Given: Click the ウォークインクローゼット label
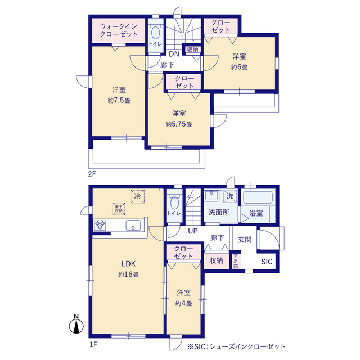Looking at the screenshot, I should pyautogui.click(x=119, y=30).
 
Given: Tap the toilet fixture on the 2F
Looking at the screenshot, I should pyautogui.click(x=156, y=31).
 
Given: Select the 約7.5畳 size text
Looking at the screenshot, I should pyautogui.click(x=119, y=101).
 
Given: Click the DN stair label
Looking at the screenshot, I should pyautogui.click(x=174, y=54).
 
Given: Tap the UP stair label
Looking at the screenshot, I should pyautogui.click(x=193, y=231).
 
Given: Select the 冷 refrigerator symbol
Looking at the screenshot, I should pyautogui.click(x=137, y=196).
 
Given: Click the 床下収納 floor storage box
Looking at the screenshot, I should pyautogui.click(x=119, y=208).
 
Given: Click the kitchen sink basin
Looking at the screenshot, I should pyautogui.click(x=134, y=226).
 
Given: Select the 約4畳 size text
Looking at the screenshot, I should pyautogui.click(x=184, y=303).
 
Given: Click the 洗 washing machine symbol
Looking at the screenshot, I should pyautogui.click(x=229, y=196).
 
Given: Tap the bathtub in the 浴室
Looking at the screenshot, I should pyautogui.click(x=258, y=198).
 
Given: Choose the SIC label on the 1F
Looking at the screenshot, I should pyautogui.click(x=267, y=262).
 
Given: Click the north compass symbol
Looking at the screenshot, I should pyautogui.click(x=76, y=325).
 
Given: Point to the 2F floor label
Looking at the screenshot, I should pyautogui.click(x=92, y=173).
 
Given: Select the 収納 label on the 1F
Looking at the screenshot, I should pyautogui.click(x=217, y=260).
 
